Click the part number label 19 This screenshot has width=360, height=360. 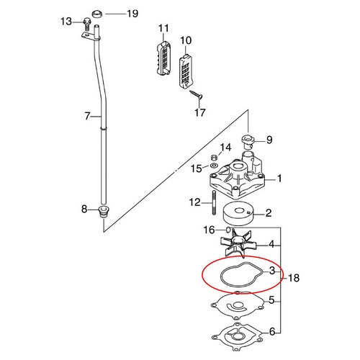pyautogui.click(x=133, y=14)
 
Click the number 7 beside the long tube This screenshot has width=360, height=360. pyautogui.click(x=88, y=115)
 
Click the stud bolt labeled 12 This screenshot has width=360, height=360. pyautogui.click(x=213, y=203)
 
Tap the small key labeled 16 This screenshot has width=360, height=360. pyautogui.click(x=228, y=230)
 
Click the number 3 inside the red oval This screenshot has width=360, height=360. pyautogui.click(x=271, y=271)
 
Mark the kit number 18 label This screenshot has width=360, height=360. pyautogui.click(x=293, y=277)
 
